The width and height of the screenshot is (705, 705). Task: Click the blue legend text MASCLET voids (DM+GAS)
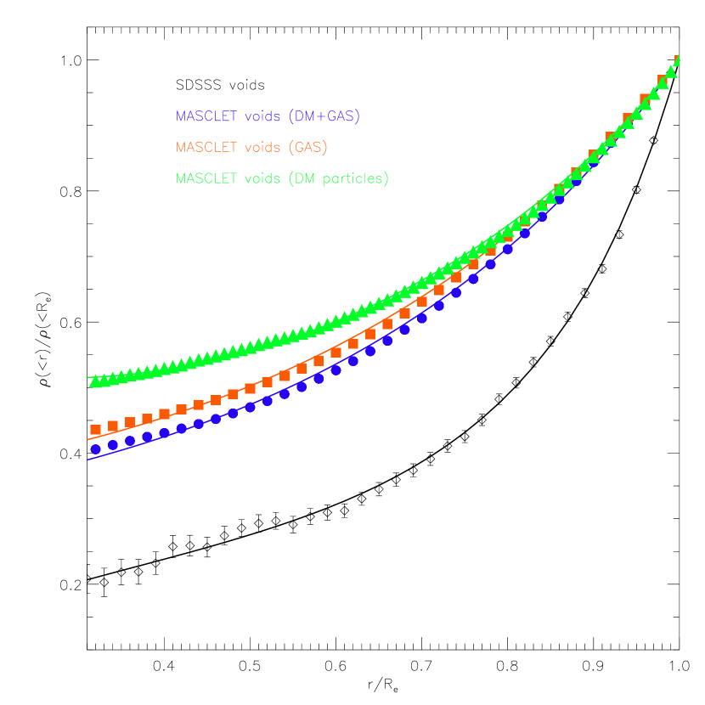268,116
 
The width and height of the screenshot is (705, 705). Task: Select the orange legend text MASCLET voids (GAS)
251,147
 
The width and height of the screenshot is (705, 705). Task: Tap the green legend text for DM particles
282,178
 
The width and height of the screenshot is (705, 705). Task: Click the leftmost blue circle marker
96,449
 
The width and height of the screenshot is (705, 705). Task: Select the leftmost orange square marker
96,430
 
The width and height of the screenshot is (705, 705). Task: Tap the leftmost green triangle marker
94,382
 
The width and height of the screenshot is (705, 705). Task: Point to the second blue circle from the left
113,445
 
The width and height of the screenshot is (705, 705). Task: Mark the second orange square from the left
113,426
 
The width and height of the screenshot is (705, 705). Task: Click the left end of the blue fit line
87,460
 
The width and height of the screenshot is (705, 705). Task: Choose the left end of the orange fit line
87,439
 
